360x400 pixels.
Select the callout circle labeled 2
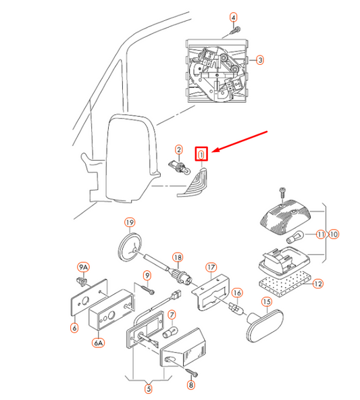(x=178, y=149)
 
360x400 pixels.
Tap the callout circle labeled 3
(x=260, y=59)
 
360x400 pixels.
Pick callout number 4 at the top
(x=234, y=16)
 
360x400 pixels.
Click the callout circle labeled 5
(x=149, y=388)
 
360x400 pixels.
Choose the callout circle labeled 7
(x=172, y=314)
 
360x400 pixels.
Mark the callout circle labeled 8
(x=190, y=385)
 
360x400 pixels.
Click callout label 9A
(x=84, y=267)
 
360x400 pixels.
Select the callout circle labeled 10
(x=334, y=234)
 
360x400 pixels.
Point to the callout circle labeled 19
(x=129, y=222)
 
